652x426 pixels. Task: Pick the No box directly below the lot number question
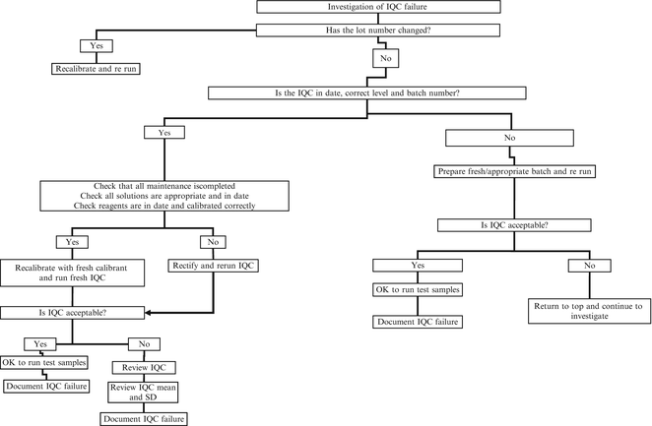point(384,59)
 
